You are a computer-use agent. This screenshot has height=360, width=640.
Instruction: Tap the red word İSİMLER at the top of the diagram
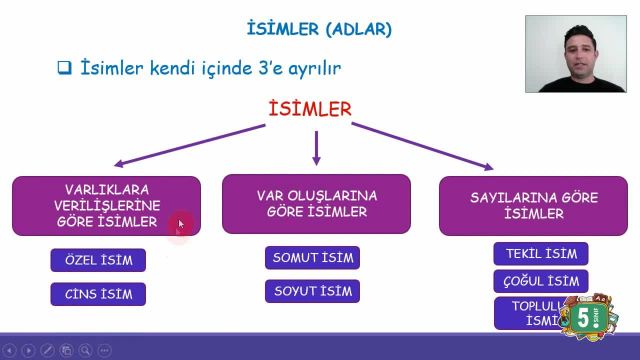310,108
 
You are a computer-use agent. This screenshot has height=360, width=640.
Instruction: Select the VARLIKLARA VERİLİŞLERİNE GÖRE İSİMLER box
106,205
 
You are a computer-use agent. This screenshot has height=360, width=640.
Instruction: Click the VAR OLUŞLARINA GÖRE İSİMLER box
316,203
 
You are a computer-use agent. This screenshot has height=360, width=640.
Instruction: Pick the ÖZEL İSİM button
98,261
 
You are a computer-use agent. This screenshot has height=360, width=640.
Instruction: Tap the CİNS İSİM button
98,294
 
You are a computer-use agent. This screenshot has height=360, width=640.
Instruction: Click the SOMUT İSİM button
312,258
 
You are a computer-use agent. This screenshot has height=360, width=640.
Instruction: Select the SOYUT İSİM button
312,292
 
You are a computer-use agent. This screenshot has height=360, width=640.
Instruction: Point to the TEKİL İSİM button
541,254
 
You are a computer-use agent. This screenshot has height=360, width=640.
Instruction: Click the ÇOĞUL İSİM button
541,281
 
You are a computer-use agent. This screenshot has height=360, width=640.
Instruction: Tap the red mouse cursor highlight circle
181,226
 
